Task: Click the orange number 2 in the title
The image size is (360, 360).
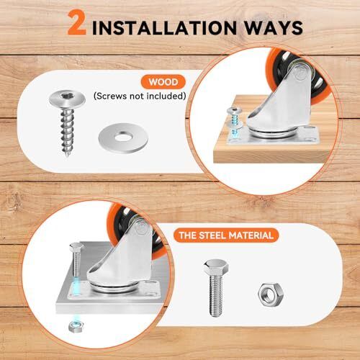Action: pos(77,24)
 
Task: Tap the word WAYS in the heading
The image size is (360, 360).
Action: pos(274,28)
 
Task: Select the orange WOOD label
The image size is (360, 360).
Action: pos(163,82)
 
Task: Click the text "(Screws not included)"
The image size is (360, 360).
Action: pos(140,96)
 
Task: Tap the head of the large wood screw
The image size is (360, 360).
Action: pos(67,99)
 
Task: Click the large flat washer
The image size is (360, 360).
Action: pos(123,138)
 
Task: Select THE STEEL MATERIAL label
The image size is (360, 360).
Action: pos(226,235)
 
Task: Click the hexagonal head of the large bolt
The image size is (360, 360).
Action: pos(216,267)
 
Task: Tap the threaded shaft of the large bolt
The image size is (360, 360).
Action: pos(216,296)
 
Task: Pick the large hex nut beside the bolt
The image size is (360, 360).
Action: pos(271,294)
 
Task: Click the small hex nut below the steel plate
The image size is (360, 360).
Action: pos(76,326)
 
